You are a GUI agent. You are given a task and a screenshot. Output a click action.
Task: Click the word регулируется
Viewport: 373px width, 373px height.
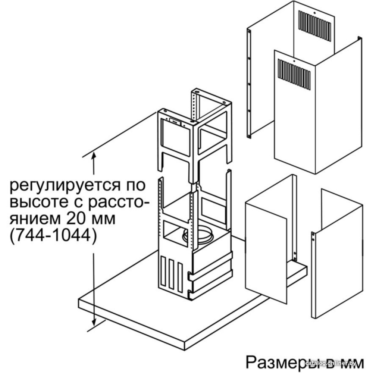point(64,186)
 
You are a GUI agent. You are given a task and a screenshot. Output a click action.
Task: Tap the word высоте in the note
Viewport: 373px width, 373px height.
point(38,202)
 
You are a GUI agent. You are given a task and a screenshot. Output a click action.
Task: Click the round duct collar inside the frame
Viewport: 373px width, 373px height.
point(197,235)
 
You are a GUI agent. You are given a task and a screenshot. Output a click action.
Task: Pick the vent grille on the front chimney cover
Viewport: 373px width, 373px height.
point(294,75)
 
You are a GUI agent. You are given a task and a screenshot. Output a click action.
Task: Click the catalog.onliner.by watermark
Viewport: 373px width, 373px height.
point(330,363)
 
